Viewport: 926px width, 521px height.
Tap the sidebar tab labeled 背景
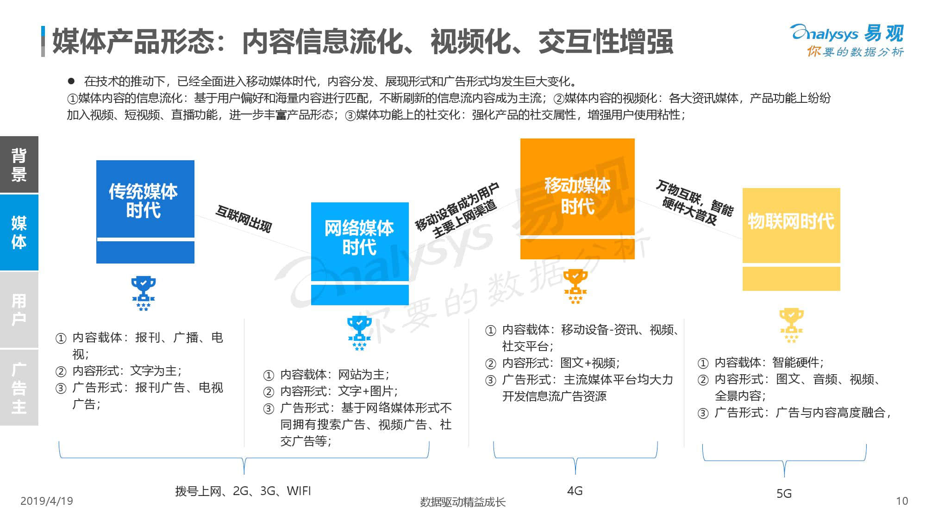click(19, 164)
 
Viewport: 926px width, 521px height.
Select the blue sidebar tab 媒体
click(19, 232)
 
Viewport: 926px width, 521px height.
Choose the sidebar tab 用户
click(19, 309)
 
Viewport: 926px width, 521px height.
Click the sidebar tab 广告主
click(19, 388)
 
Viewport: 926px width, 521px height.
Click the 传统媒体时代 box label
click(143, 201)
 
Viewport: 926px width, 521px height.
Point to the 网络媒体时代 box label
click(359, 238)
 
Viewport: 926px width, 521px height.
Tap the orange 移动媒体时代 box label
click(577, 195)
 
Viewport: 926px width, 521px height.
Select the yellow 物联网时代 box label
click(791, 221)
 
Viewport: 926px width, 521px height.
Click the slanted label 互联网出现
click(244, 219)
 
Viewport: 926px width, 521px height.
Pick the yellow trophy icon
click(791, 326)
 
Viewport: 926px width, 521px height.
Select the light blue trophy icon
click(359, 333)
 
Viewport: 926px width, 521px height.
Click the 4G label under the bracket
click(575, 491)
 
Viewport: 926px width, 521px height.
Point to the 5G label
click(784, 494)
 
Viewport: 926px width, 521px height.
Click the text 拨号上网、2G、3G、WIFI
click(243, 491)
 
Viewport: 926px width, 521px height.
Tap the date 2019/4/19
click(47, 501)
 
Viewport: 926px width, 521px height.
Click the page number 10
click(902, 501)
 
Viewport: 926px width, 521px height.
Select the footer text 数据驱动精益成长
click(463, 502)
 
